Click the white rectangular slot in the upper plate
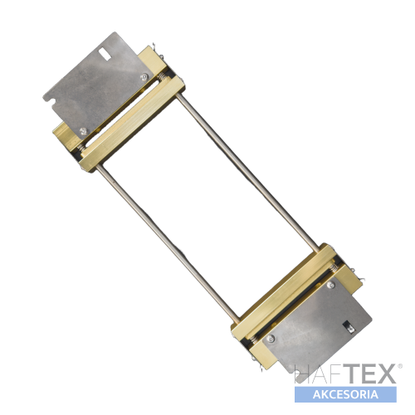tap(105, 54)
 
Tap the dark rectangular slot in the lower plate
tap(349, 327)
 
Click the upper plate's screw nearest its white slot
tap(144, 77)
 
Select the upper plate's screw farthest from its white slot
tap(83, 131)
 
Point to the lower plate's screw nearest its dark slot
tap(330, 285)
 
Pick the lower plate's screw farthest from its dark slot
tap(271, 339)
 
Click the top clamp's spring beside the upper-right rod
tap(164, 78)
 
